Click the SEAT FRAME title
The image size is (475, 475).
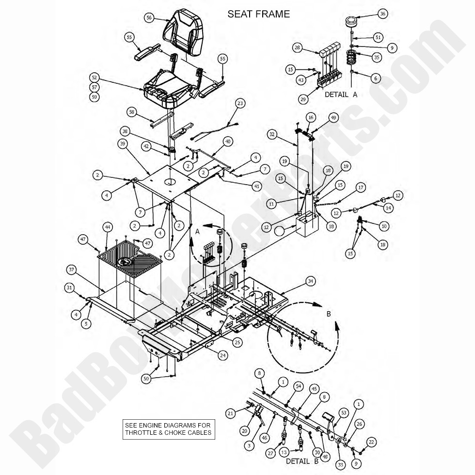[x=259, y=14]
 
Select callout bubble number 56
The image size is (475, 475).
[x=149, y=17]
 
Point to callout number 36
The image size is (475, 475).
[x=383, y=14]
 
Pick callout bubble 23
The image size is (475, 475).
[x=241, y=103]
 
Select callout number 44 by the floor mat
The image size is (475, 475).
[x=107, y=227]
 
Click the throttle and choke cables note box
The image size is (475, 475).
[x=168, y=428]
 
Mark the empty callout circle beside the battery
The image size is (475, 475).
[x=280, y=232]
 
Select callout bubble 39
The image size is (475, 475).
[x=122, y=143]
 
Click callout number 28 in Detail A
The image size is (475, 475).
[x=298, y=47]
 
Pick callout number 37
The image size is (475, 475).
[x=72, y=269]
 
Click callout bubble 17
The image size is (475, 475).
[x=360, y=187]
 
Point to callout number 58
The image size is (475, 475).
[x=130, y=112]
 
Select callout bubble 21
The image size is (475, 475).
[x=231, y=413]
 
